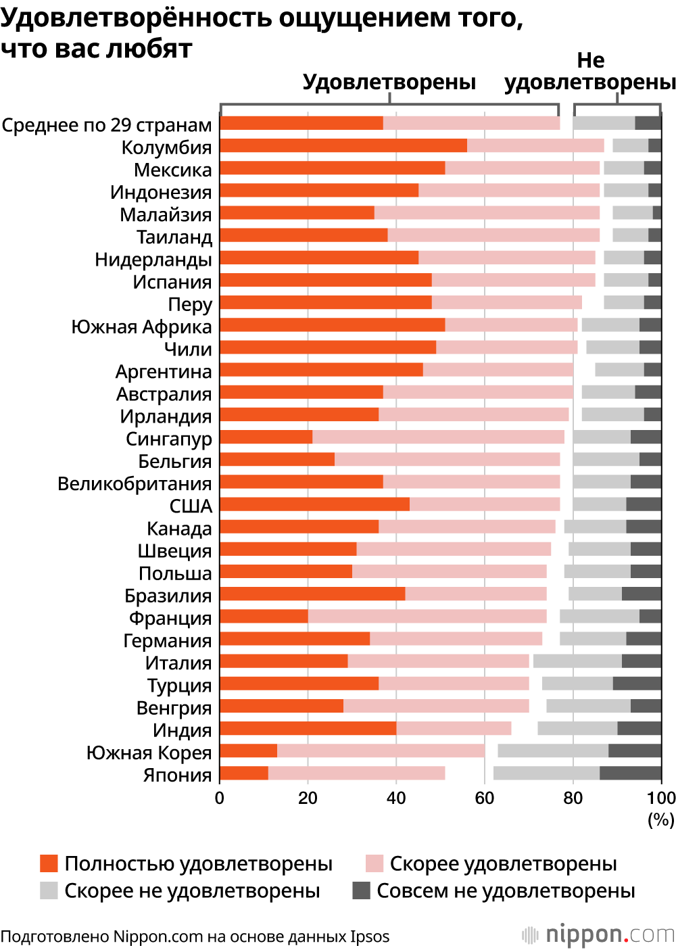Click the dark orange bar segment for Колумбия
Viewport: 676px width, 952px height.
tap(343, 145)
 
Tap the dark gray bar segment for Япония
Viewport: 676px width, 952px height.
tap(630, 773)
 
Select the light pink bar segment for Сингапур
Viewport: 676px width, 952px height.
tap(438, 437)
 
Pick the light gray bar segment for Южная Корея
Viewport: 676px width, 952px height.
tap(553, 751)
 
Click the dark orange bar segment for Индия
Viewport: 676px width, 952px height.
tap(308, 728)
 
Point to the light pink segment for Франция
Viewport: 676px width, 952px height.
tap(427, 616)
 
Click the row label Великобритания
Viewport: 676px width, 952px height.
tap(135, 484)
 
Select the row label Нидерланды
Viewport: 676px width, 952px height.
tap(153, 260)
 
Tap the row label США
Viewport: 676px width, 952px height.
tap(191, 506)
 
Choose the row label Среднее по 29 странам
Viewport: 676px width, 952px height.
tap(107, 125)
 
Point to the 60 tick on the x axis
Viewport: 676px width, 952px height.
tap(485, 799)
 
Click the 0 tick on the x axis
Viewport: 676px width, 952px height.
tap(220, 799)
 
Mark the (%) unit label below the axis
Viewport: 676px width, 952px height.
tap(661, 820)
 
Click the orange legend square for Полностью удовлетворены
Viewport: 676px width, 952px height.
tap(49, 863)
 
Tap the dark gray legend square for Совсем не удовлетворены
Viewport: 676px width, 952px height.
tap(362, 890)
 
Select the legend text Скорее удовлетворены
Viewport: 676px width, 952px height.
tap(503, 863)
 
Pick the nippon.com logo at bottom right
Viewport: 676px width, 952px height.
tap(599, 935)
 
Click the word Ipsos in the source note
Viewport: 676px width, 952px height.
tap(370, 937)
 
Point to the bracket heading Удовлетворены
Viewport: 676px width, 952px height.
tap(389, 82)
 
